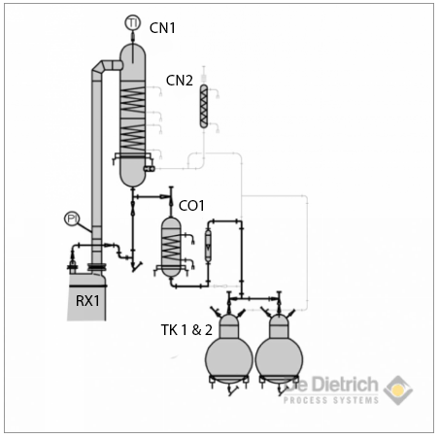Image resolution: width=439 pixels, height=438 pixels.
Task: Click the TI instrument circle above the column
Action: pos(133,22)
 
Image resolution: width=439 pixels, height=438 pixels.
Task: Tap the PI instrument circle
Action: pos(71,219)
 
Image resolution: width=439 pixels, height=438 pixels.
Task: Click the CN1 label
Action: pos(162,27)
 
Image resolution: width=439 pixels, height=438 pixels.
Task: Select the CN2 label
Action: pos(181,80)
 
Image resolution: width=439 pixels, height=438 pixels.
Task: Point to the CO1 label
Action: pos(192,205)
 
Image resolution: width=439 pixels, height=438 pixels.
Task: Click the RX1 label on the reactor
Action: pos(87,300)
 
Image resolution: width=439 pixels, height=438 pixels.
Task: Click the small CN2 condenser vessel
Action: pos(203,107)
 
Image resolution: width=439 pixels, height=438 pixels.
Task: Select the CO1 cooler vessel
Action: pos(171,246)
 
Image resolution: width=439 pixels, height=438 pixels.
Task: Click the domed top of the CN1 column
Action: pos(132,51)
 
